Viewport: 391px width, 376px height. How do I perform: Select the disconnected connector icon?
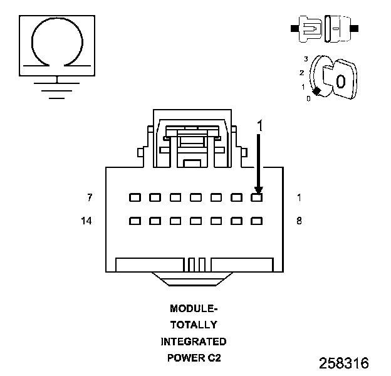coord(325,29)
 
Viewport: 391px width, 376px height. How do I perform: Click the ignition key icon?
coord(333,77)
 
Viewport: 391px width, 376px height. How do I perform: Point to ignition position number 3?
coord(306,59)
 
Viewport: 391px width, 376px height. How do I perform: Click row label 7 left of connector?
coord(90,197)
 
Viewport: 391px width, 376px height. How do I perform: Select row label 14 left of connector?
coord(86,221)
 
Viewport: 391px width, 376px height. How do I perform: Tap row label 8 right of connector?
coord(299,221)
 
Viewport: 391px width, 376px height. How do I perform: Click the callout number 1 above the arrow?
coord(260,126)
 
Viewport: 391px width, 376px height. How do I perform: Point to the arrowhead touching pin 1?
coord(259,191)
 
